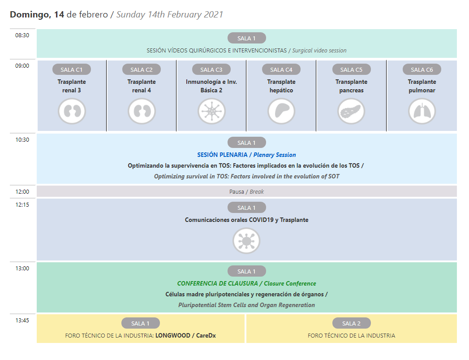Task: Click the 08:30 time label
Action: tap(22, 35)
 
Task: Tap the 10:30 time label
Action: tap(22, 140)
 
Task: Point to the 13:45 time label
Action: tap(22, 321)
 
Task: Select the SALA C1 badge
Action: tap(72, 69)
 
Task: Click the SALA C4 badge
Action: tap(281, 69)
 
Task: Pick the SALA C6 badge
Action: tap(422, 69)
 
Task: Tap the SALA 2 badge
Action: tap(352, 323)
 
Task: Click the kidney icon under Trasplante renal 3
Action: tap(72, 111)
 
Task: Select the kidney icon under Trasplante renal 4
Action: tap(142, 111)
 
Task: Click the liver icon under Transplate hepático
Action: tap(281, 111)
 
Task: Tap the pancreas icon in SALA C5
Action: tap(352, 111)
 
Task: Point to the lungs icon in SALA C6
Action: tap(422, 111)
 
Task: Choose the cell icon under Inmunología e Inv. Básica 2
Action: tap(212, 111)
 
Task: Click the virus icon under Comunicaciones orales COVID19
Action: tap(246, 241)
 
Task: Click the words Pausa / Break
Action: tap(246, 191)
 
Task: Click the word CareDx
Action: tap(206, 335)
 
